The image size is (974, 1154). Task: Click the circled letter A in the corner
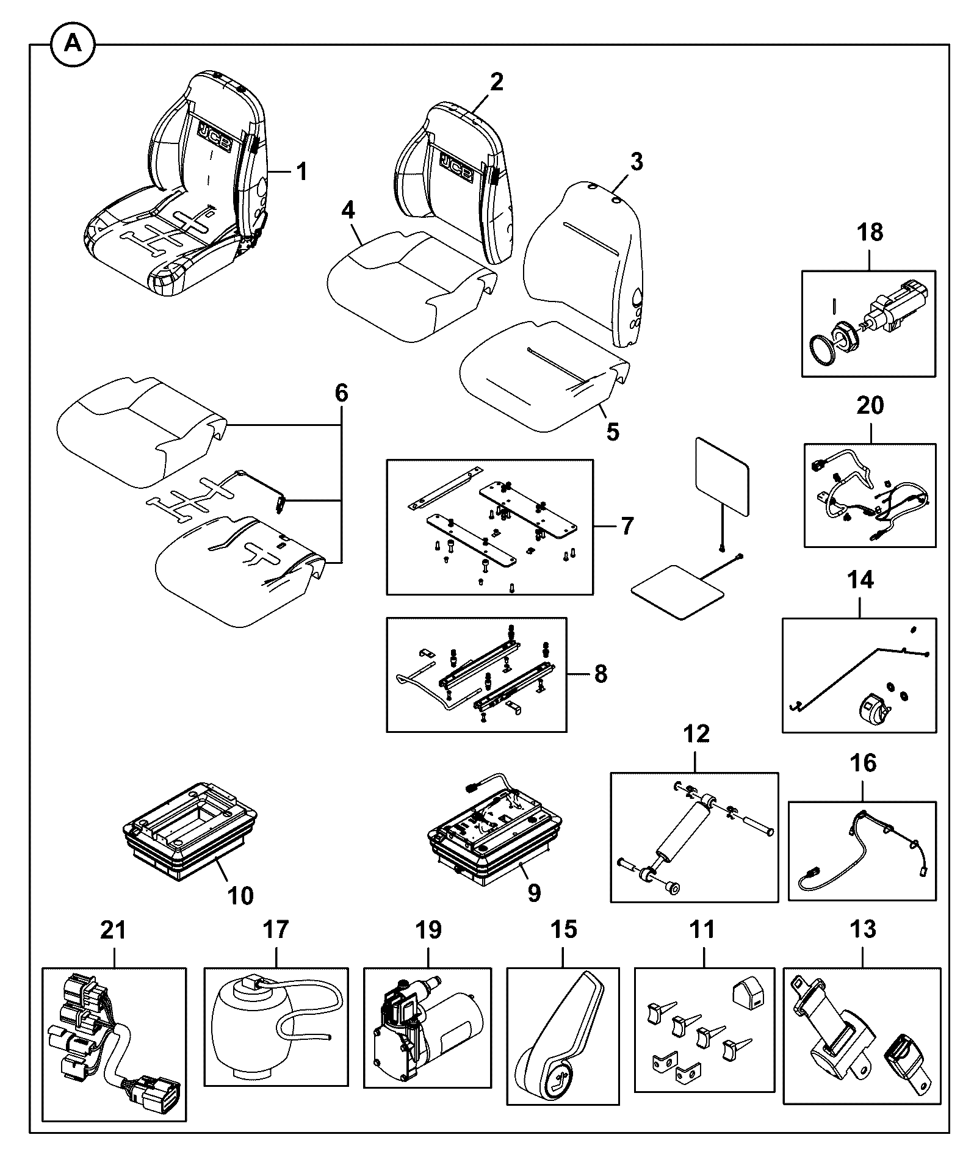[73, 43]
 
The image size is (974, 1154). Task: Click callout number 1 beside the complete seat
[302, 172]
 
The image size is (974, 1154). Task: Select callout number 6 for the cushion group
[341, 392]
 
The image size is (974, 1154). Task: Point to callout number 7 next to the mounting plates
[627, 525]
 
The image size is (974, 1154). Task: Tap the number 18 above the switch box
[870, 232]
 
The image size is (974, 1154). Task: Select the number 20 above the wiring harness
[870, 405]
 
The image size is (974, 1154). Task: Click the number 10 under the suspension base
[241, 896]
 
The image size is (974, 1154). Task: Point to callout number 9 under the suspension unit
[533, 893]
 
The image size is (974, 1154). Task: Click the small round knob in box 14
[873, 709]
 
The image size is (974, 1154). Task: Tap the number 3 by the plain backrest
[636, 162]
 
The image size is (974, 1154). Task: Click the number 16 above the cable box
[863, 763]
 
